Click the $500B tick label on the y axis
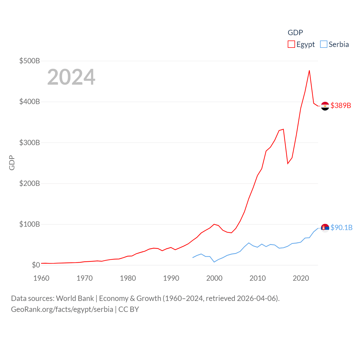coord(30,61)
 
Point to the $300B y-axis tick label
coord(30,143)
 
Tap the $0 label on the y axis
coord(36,265)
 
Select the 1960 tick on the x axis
coord(41,278)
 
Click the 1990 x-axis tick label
coord(171,278)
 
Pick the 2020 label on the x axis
coord(301,278)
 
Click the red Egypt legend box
coord(291,44)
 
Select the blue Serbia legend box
coord(324,44)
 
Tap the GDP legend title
coord(295,33)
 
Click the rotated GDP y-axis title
coord(12,163)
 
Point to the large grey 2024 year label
coord(71,77)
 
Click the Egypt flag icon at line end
coord(325,106)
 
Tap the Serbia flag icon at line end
coord(325,228)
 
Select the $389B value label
coord(341,105)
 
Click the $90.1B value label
coord(341,228)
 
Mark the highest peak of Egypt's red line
coord(309,71)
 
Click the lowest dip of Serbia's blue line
coord(214,262)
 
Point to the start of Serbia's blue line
coord(193,258)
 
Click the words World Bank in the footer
coord(75,298)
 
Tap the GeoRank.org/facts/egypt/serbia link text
coord(62,309)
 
